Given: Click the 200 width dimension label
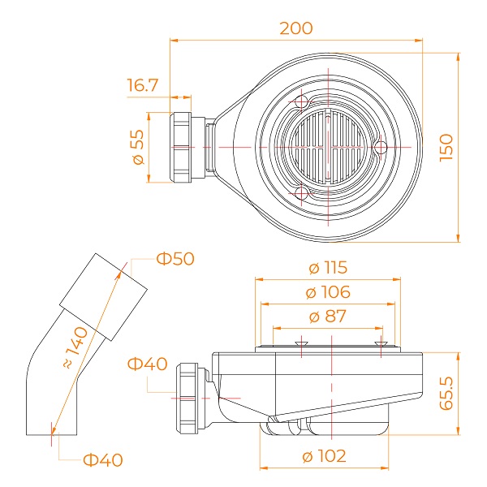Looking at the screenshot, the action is [296, 28].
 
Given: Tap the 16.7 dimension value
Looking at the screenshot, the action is [143, 85].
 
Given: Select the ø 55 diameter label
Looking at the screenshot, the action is [139, 147].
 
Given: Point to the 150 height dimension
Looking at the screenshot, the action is [446, 148].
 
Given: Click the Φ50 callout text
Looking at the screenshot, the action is [175, 259].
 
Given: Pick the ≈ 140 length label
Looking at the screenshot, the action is [75, 348].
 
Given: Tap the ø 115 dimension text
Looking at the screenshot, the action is [328, 267].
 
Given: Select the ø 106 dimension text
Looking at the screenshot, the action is [328, 292].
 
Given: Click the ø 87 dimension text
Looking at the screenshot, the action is [328, 317].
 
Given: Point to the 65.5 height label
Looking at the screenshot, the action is [447, 393].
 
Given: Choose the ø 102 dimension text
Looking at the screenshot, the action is [324, 456].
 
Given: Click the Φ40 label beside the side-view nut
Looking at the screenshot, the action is [148, 364].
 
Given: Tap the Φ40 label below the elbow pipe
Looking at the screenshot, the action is [103, 460].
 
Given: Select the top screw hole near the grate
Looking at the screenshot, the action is [301, 102].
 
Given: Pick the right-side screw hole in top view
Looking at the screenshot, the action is [381, 147].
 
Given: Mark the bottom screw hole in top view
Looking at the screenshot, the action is [301, 193].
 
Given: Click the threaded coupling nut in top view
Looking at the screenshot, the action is [180, 147].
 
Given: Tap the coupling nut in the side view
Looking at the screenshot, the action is [187, 399].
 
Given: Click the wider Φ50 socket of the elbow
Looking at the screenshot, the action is [103, 297].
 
